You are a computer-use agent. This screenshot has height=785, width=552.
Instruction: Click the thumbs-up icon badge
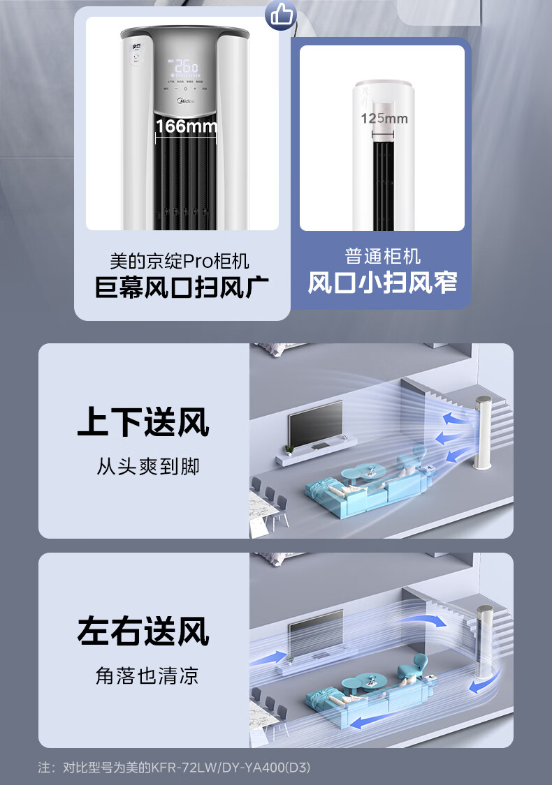point(281,15)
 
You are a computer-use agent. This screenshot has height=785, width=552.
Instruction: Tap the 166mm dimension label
point(186,126)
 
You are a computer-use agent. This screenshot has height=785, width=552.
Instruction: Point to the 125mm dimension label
point(384,118)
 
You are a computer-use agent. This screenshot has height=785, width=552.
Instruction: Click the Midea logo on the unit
point(186,102)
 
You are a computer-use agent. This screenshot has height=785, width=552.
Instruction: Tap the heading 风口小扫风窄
point(382,283)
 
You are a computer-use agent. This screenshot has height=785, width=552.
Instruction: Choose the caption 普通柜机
point(382,256)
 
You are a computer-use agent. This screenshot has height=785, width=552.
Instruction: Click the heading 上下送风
point(143,423)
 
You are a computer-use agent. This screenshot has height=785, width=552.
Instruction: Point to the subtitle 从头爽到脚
point(147,466)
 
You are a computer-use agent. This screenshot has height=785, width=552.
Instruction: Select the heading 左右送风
point(143,632)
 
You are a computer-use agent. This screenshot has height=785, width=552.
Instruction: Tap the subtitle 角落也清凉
point(147,675)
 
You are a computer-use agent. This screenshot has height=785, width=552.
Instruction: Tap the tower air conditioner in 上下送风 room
point(484,433)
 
